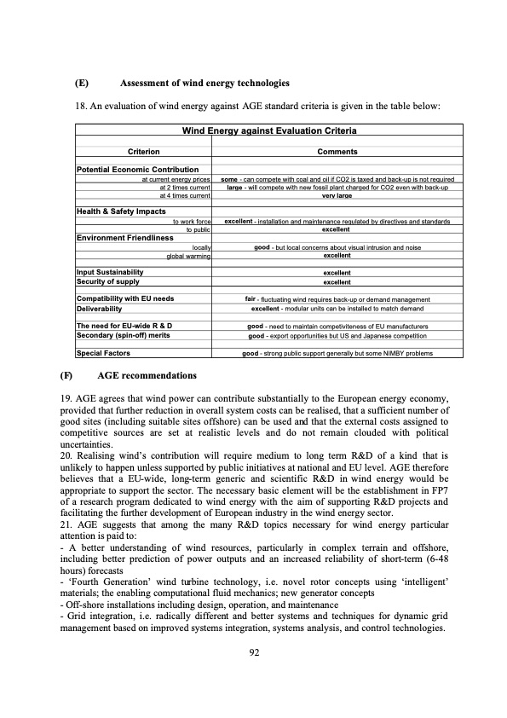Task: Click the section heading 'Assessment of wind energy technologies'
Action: point(205,84)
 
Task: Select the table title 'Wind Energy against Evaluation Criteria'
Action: point(269,131)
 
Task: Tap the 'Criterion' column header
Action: point(144,151)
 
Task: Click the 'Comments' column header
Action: point(337,151)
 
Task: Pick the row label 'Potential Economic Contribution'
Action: point(137,171)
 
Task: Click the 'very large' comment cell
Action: point(337,195)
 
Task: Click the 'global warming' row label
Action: point(188,255)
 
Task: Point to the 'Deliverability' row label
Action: point(105,308)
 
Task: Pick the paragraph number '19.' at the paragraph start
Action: point(82,399)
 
